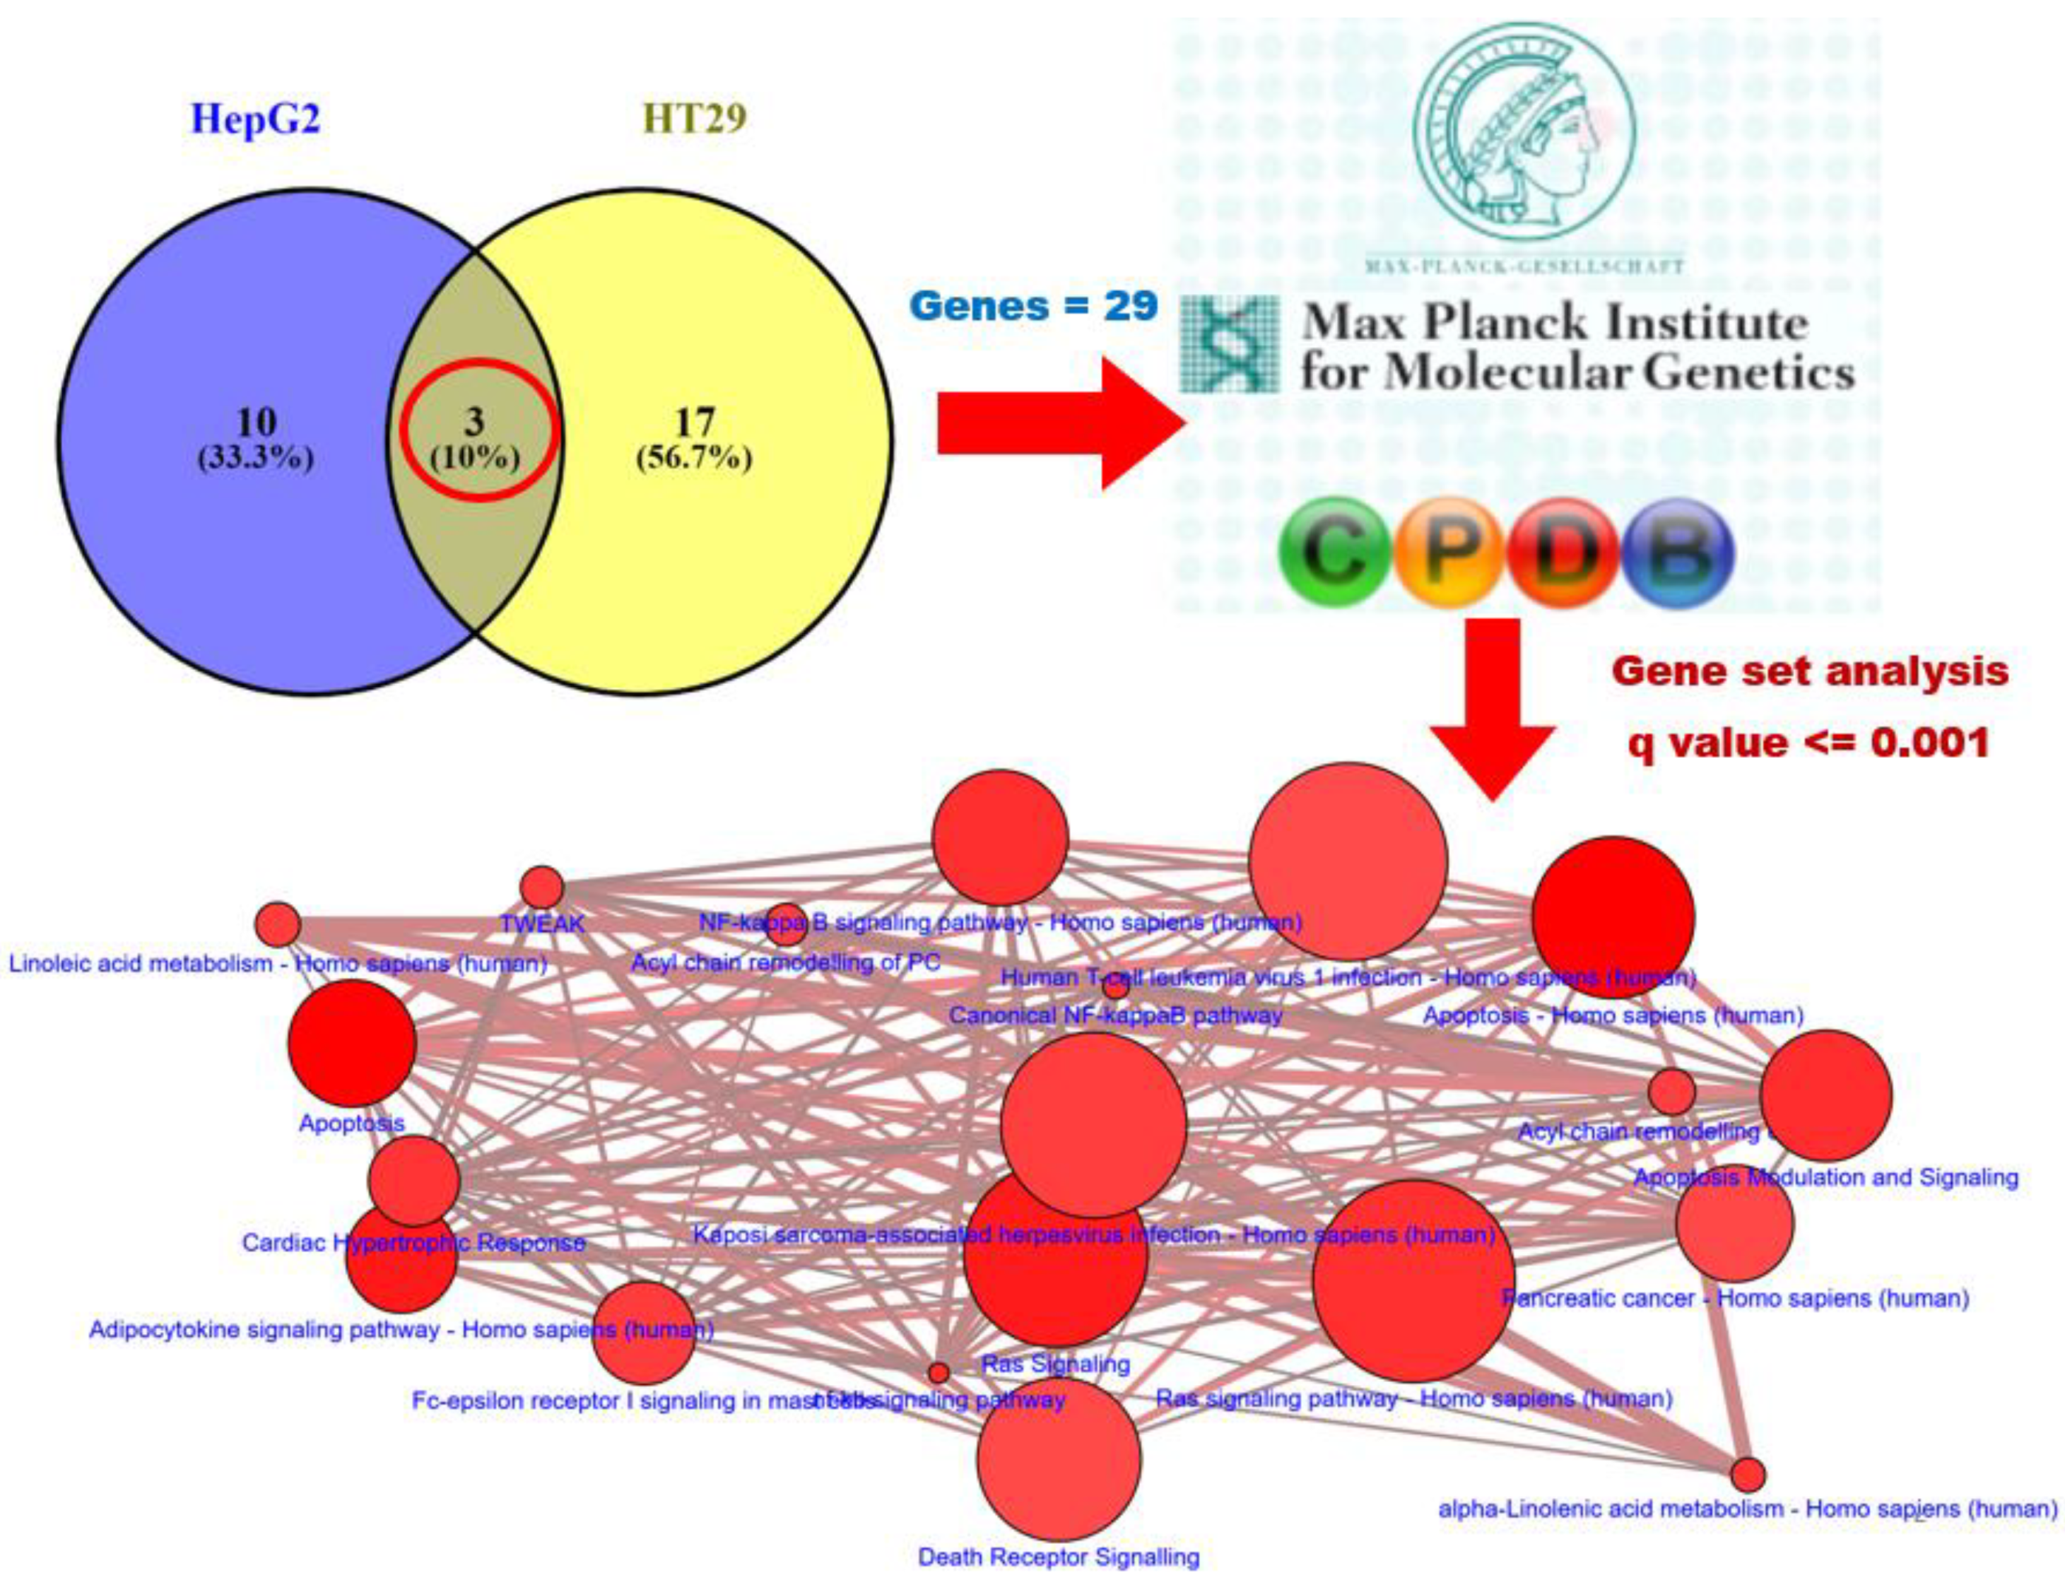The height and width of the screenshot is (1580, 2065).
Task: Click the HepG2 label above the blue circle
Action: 255,119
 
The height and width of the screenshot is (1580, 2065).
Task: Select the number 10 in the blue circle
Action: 255,423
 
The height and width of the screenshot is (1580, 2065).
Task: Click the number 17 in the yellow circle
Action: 694,423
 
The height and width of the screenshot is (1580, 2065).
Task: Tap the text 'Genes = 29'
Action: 1033,307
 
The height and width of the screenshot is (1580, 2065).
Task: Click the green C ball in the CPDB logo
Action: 1334,553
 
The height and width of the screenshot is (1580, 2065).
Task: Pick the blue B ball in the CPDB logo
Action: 1678,553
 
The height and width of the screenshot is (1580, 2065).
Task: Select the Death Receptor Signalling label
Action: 1058,1557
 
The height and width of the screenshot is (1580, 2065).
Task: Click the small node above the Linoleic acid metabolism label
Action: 278,924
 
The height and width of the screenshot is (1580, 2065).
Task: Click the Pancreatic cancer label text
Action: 1735,1299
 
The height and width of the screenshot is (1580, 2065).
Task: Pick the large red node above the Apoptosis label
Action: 352,1043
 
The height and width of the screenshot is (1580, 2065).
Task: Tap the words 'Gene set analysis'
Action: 1810,671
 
